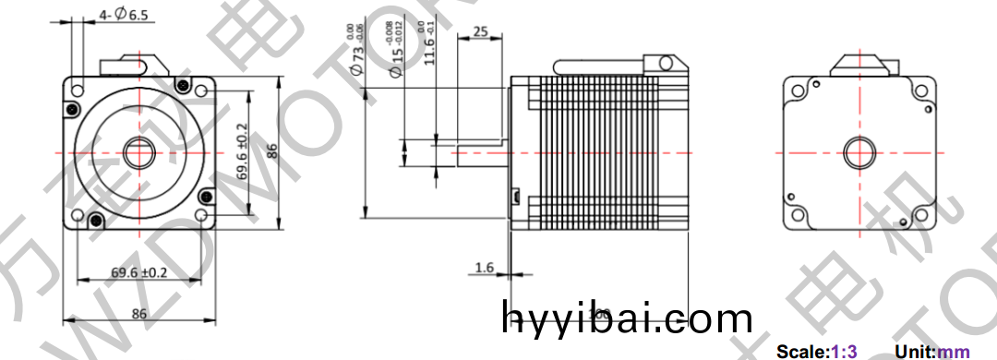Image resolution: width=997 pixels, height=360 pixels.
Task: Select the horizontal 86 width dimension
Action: [138, 314]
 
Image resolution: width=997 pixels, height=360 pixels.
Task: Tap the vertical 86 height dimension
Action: [272, 151]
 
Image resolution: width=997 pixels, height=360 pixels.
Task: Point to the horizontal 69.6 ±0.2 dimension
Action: [139, 272]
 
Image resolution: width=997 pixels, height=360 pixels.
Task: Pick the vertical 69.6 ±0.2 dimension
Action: [243, 151]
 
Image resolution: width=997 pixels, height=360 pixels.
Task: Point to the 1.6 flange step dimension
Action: [485, 268]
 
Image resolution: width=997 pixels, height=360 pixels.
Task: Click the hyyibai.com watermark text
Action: [627, 318]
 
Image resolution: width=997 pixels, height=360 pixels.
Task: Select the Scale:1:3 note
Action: [817, 352]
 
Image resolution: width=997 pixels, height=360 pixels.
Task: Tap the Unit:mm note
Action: [932, 352]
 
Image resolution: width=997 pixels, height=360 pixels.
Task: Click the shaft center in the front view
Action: [139, 151]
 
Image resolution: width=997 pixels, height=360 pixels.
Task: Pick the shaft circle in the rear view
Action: [859, 152]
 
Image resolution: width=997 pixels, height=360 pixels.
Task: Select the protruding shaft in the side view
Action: [480, 152]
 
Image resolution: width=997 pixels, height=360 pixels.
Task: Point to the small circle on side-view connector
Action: [663, 62]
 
